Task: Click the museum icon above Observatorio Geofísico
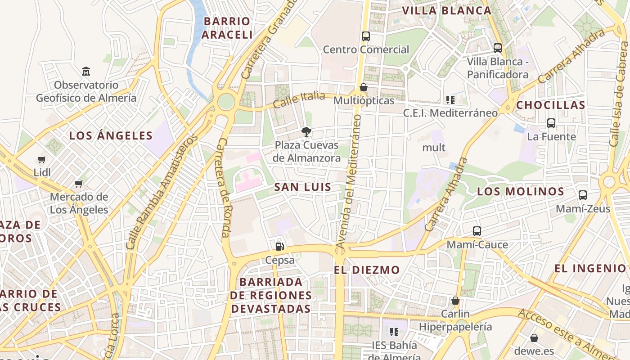86,71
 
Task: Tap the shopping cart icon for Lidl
42,159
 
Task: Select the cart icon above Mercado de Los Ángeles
79,184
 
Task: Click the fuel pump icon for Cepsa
279,246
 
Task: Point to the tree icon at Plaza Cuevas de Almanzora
306,132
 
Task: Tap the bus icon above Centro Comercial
366,36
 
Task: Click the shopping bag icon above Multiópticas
364,87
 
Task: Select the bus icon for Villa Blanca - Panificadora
497,48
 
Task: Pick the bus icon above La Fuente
551,123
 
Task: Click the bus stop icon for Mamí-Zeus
583,195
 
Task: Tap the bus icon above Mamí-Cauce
477,231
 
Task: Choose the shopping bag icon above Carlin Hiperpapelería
455,301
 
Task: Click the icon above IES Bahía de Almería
394,332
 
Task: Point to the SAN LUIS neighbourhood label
303,187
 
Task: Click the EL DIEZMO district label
367,270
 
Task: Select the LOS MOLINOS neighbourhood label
521,191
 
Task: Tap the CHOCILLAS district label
551,105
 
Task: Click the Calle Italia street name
299,99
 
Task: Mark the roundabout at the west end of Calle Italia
226,102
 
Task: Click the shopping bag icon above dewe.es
534,337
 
